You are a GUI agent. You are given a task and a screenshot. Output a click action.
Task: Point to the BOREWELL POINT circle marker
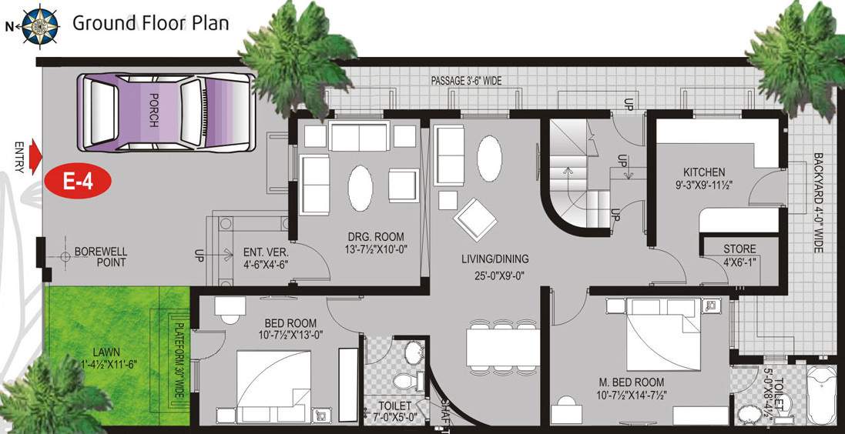(65, 256)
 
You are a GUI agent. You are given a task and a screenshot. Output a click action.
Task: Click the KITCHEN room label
(702, 172)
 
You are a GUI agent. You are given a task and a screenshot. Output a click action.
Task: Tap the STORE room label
(739, 249)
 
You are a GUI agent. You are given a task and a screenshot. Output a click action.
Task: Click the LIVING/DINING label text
(495, 259)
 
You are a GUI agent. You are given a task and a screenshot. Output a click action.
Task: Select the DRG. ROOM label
(377, 236)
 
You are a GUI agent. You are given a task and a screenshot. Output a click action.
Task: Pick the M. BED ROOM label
(631, 382)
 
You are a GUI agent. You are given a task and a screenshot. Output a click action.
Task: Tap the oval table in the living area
(489, 158)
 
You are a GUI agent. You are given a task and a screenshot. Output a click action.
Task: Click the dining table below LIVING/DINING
(503, 347)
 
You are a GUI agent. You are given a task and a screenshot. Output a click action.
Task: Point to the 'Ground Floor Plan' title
(150, 23)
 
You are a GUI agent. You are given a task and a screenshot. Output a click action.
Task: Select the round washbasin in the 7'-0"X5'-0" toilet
(414, 354)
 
